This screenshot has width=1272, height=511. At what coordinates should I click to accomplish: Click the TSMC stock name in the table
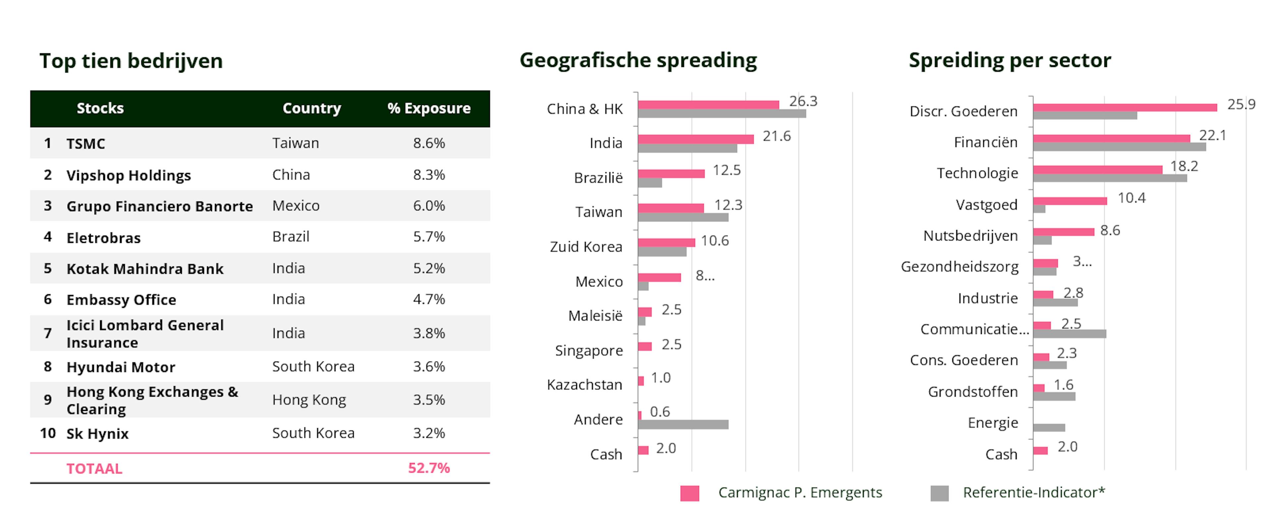pos(85,144)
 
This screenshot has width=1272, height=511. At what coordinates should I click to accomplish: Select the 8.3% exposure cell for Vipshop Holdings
pos(429,175)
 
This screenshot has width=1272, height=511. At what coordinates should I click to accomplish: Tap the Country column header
pos(312,108)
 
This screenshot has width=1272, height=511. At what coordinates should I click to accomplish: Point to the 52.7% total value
pos(429,468)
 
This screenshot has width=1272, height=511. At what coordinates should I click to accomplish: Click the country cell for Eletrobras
pos(291,237)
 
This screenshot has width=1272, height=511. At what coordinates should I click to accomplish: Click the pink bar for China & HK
pos(708,105)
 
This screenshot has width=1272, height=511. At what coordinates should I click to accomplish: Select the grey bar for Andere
pos(683,425)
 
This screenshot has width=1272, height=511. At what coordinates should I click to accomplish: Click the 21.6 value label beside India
pos(776,136)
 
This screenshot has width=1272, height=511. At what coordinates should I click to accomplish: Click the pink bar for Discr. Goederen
pos(1125,108)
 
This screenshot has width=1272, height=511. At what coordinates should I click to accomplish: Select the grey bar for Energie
pos(1049,428)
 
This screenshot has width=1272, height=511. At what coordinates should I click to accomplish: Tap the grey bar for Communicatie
pos(1070,334)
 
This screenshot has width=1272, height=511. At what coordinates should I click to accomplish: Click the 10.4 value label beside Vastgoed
pos(1131,198)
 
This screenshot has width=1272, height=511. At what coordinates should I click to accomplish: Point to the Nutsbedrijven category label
pos(970,236)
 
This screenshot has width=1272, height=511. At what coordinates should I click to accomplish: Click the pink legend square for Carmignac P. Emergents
pos(689,493)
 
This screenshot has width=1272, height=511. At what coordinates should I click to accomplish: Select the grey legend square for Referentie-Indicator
pos(939,493)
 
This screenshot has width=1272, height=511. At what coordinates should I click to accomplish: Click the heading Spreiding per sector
pos(1010,60)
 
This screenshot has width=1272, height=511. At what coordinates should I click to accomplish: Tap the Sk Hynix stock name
pos(97,434)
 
